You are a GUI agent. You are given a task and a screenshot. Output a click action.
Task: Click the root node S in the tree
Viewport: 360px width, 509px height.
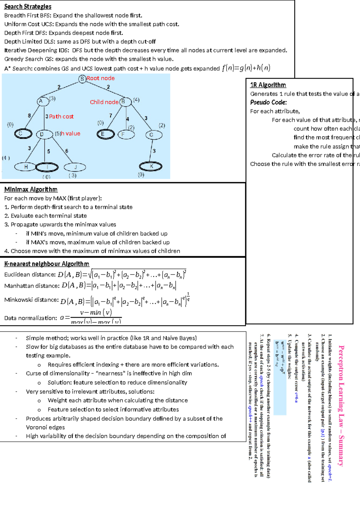(x=82, y=79)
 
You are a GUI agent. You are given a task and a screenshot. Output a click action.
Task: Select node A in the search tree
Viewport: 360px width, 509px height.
(x=41, y=101)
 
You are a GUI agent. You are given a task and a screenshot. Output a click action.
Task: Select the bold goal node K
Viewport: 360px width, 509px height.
(x=151, y=166)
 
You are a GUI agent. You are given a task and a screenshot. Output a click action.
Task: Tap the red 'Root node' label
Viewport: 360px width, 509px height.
(x=100, y=78)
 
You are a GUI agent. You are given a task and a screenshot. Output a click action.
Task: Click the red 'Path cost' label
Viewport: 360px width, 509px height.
(x=61, y=116)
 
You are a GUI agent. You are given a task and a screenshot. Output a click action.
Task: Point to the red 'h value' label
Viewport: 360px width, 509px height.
(x=70, y=134)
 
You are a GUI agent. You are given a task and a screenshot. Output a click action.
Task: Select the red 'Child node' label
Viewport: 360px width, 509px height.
(x=104, y=102)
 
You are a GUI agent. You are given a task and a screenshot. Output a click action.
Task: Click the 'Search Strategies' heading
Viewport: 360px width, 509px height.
(x=28, y=7)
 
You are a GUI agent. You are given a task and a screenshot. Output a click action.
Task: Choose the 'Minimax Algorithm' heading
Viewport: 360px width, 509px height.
(x=31, y=189)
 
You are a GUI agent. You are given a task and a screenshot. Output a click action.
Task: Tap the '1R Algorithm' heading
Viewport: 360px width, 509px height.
(x=268, y=85)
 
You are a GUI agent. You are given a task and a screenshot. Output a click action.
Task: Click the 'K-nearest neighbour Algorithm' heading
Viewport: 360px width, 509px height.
(x=46, y=264)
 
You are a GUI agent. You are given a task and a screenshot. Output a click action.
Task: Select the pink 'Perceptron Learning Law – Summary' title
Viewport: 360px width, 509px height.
(x=341, y=405)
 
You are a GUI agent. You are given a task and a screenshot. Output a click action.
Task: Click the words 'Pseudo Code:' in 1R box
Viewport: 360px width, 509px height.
(x=268, y=102)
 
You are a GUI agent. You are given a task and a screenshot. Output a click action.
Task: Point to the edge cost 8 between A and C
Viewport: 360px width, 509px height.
(x=29, y=116)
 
